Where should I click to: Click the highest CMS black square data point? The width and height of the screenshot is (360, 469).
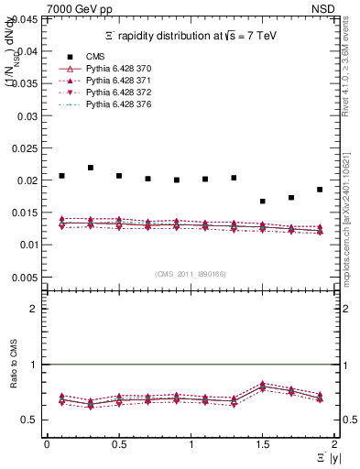coord(91,168)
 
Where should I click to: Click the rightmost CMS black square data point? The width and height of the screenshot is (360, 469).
coord(320,190)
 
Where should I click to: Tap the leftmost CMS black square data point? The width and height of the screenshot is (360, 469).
coord(62,176)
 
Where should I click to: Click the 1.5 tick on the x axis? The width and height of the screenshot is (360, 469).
coord(263,443)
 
